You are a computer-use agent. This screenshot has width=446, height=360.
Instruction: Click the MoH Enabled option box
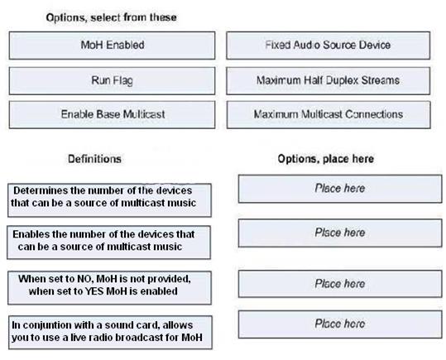(x=112, y=46)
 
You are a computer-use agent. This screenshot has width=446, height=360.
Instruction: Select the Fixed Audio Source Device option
(x=329, y=46)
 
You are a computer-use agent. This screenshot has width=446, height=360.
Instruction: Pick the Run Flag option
(x=112, y=81)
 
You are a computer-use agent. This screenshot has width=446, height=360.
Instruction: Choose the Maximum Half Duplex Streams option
(x=329, y=81)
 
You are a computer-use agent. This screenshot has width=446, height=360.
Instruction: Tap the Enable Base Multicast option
(x=112, y=115)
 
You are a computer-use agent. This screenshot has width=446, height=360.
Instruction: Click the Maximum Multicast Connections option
(x=329, y=115)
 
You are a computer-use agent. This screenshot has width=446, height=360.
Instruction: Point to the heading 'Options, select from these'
(x=111, y=17)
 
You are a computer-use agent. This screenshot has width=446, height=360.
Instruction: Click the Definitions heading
(x=94, y=159)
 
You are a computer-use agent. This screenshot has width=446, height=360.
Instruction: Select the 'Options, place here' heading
(x=326, y=159)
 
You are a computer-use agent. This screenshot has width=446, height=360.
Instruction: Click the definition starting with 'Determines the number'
(x=109, y=200)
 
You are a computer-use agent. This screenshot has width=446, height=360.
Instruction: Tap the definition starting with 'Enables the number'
(x=109, y=242)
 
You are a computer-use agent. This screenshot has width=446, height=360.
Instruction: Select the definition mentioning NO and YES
(x=109, y=288)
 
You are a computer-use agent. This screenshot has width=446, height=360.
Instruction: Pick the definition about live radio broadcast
(x=110, y=333)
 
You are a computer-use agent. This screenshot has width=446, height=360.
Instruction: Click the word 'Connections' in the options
(x=374, y=114)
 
